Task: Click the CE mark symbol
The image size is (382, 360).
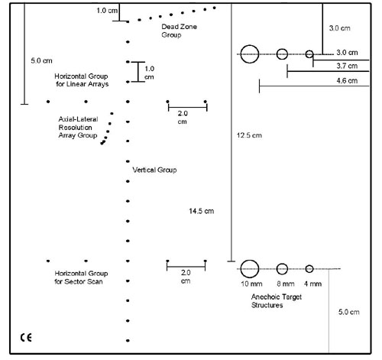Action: (x=26, y=338)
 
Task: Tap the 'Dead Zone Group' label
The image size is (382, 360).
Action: (x=179, y=31)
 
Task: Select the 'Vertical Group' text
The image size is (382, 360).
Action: (x=154, y=170)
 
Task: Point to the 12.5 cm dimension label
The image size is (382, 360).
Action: (x=249, y=135)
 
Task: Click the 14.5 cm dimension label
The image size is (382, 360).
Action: (x=202, y=211)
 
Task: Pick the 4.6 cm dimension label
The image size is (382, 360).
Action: (x=347, y=81)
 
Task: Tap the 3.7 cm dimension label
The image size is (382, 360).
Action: (x=347, y=66)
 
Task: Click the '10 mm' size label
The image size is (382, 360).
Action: (x=251, y=284)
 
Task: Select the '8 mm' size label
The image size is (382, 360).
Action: (x=286, y=284)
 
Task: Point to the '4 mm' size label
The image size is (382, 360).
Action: (x=312, y=284)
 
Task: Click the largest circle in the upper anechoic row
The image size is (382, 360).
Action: (x=241, y=54)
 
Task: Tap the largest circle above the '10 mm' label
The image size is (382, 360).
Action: (x=241, y=269)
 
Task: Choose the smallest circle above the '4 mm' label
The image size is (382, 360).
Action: (x=306, y=269)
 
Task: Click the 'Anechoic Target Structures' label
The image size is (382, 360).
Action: (x=277, y=301)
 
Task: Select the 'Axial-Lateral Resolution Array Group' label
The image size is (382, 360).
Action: (x=78, y=127)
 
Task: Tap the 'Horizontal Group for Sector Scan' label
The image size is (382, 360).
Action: (x=81, y=277)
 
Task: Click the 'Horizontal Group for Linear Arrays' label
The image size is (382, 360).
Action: (x=81, y=80)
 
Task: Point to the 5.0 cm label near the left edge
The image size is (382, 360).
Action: (x=41, y=60)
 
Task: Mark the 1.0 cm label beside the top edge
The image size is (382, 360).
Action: (x=107, y=11)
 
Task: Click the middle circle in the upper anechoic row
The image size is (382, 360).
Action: (x=277, y=54)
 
